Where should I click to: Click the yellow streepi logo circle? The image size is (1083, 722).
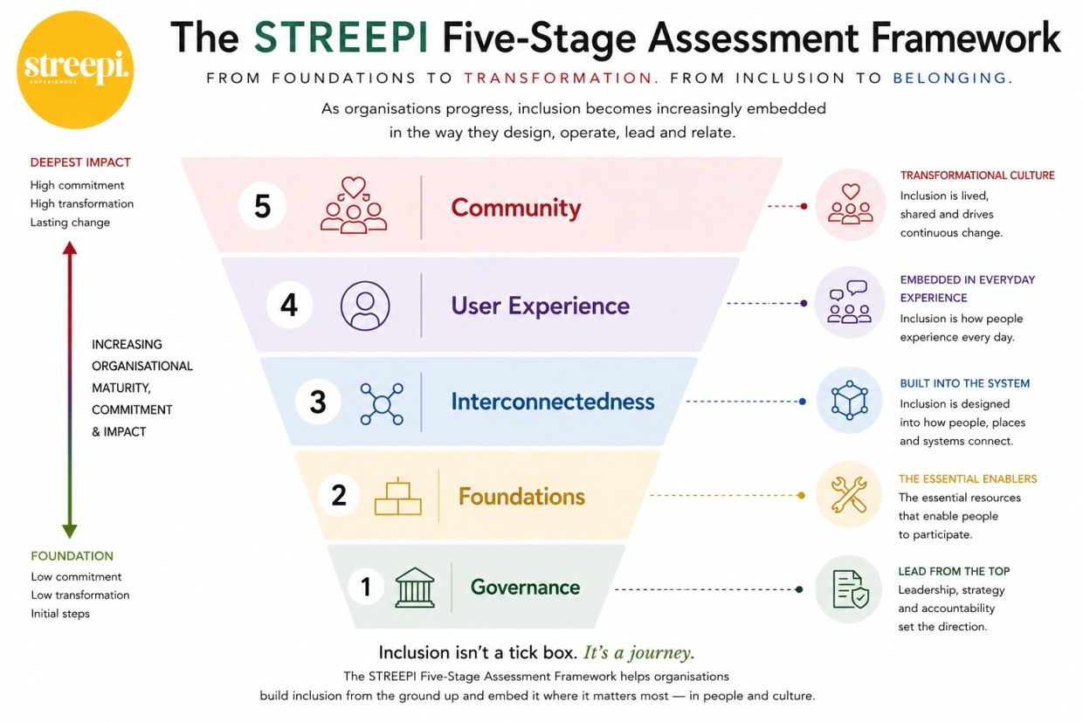[x=75, y=70]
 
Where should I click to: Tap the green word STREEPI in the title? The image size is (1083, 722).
[x=341, y=38]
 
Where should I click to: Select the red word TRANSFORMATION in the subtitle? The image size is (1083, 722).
[x=562, y=78]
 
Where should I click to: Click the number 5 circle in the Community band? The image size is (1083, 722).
[x=263, y=206]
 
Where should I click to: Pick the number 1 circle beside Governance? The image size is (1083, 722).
[x=366, y=587]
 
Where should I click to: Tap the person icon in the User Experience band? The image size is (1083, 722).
[x=365, y=306]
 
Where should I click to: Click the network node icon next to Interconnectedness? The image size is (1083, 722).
[x=382, y=404]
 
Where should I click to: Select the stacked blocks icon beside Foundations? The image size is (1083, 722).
[x=398, y=497]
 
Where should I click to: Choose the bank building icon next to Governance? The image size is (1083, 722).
[x=415, y=588]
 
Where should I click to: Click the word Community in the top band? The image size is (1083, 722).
[x=516, y=208]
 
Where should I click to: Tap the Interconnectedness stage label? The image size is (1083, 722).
[x=553, y=402]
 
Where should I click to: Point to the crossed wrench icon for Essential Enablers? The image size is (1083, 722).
[x=849, y=494]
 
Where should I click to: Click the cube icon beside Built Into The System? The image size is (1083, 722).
[x=850, y=400]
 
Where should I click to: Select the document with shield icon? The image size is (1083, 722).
[x=851, y=589]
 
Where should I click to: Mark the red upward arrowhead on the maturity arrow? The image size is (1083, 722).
[x=70, y=249]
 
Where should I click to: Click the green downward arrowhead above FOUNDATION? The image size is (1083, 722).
[x=70, y=531]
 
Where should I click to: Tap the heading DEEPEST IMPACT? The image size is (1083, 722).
[x=80, y=162]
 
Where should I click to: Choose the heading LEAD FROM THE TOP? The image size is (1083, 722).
[x=954, y=571]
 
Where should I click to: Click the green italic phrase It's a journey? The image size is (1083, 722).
[x=639, y=652]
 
